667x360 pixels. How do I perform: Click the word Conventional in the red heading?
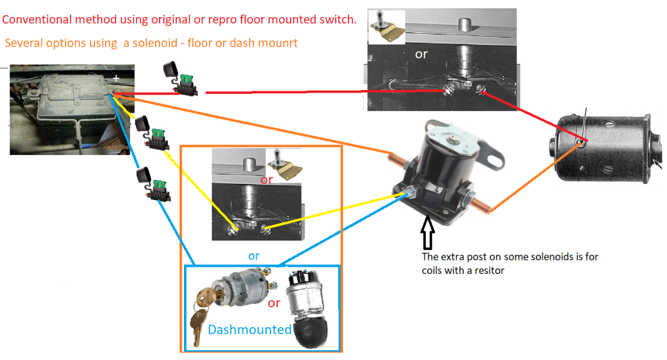37,20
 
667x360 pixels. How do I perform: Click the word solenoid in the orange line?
155,43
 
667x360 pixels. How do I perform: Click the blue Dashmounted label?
250,329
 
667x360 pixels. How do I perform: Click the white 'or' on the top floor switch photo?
421,54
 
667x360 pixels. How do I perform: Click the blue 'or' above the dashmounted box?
254,256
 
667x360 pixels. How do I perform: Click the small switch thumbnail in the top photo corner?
387,27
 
